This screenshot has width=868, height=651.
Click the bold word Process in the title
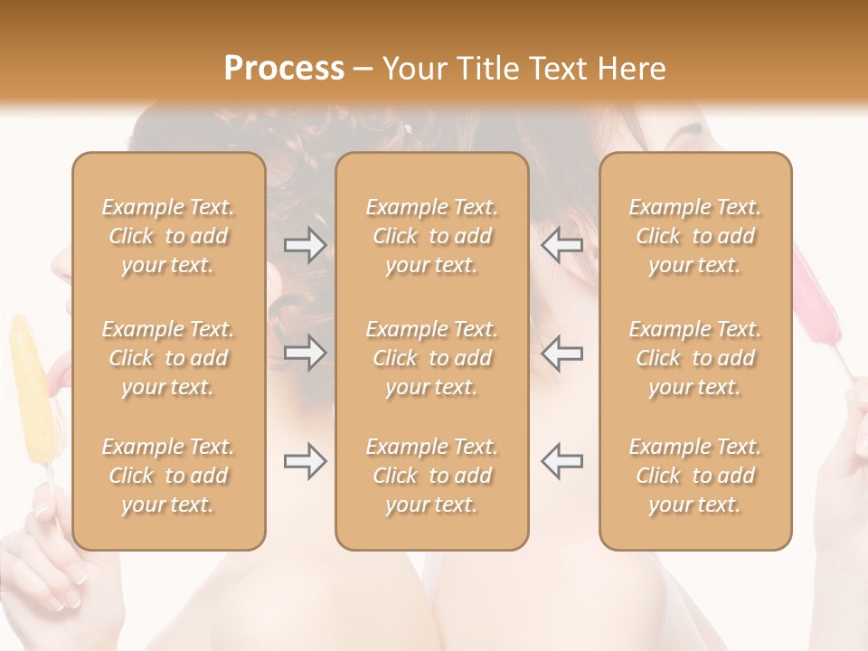284,69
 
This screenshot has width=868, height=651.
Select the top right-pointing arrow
305,245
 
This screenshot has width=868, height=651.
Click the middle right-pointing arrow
305,353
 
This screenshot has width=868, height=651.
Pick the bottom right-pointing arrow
305,461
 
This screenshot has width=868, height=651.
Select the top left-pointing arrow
561,245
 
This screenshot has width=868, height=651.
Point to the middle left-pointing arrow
561,353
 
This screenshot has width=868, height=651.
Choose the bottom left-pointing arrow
561,461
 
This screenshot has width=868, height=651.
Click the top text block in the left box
168,236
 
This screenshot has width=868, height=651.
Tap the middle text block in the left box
168,358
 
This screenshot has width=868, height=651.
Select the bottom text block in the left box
168,476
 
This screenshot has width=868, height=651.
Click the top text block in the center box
431,236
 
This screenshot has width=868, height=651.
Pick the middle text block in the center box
431,358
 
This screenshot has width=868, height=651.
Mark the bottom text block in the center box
431,476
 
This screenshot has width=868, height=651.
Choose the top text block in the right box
695,236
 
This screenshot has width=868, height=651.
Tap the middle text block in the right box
695,358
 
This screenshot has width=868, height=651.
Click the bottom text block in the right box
695,476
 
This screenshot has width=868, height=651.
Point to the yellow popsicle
33,389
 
